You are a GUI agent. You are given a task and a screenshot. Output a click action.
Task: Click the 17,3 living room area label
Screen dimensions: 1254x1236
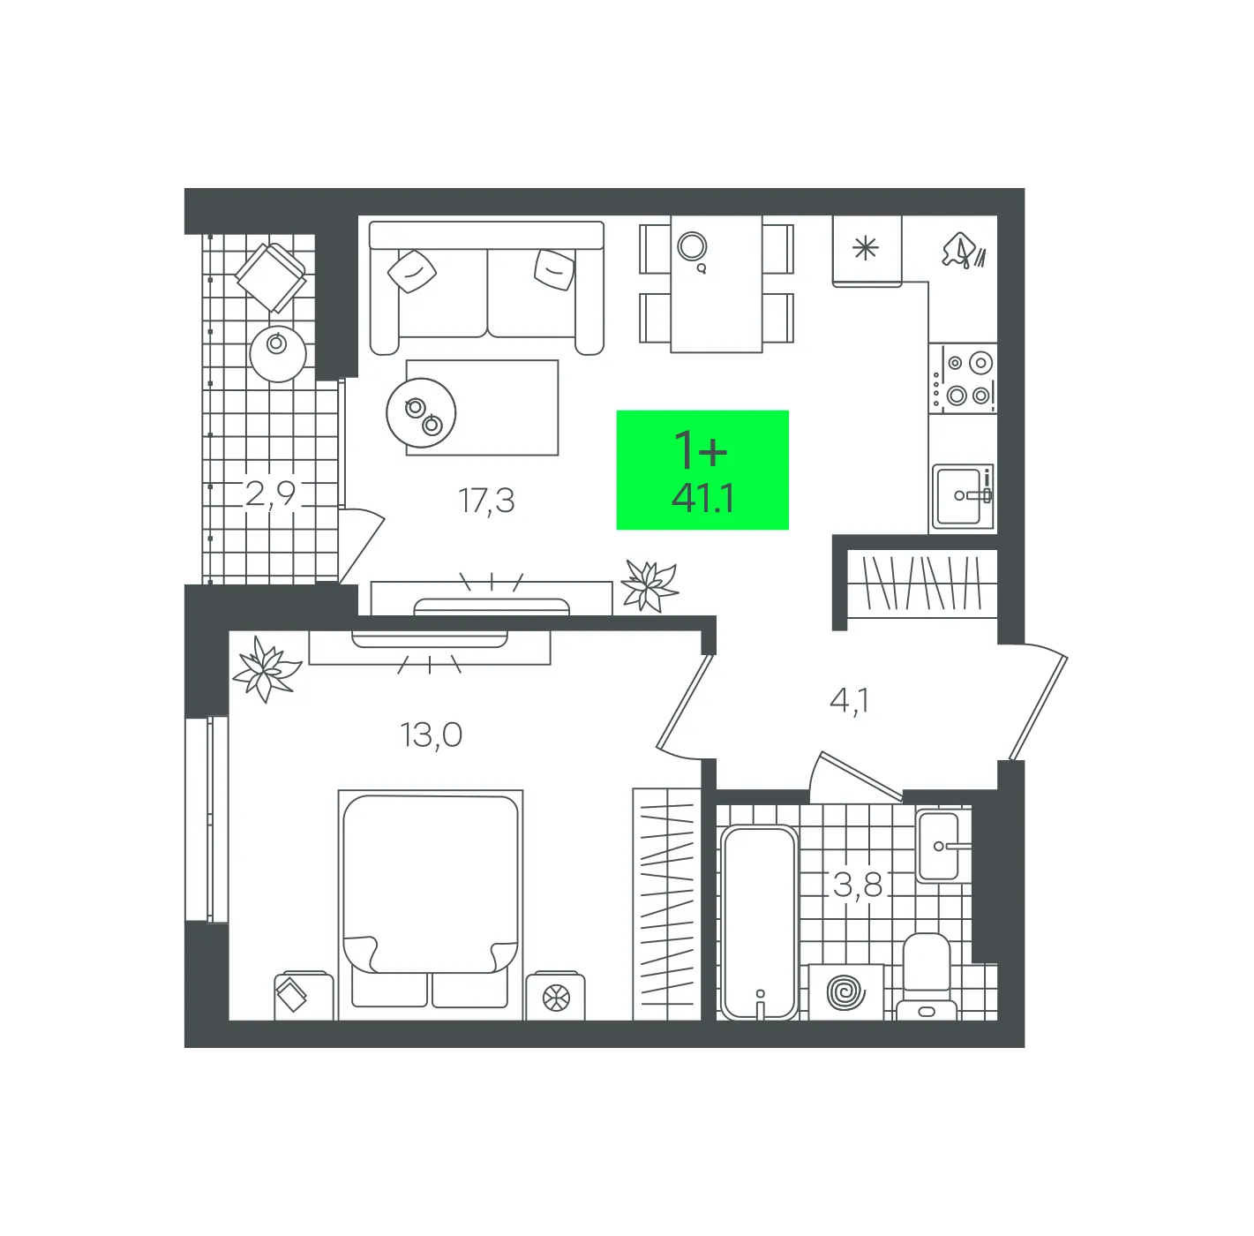point(486,501)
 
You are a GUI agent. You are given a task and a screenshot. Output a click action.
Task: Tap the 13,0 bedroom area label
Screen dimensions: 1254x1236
point(431,735)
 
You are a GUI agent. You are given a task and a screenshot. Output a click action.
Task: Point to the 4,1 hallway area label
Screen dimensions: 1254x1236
point(849,701)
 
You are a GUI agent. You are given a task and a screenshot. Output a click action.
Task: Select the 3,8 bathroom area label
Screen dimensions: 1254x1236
point(857,885)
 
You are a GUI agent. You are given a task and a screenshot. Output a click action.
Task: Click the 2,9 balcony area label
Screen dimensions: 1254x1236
point(270,494)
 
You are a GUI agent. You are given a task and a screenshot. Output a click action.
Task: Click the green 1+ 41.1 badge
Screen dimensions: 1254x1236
point(702,470)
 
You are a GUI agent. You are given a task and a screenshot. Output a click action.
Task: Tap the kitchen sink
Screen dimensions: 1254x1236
point(963,496)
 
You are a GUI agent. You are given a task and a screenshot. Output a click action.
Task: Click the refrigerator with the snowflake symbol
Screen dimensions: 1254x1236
point(867,251)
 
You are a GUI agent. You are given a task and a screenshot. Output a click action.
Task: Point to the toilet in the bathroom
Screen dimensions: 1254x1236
point(927,977)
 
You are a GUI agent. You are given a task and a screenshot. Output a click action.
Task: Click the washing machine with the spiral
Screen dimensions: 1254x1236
point(846,992)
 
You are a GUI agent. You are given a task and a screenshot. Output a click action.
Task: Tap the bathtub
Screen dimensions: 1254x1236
point(760,922)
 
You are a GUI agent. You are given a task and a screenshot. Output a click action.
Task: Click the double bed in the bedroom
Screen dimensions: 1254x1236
point(430,905)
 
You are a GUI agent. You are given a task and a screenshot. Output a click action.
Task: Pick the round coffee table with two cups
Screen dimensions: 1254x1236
point(421,413)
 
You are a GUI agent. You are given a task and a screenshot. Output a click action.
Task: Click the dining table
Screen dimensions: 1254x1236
point(716,284)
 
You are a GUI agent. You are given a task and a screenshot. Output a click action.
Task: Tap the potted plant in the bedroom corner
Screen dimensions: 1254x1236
point(267,669)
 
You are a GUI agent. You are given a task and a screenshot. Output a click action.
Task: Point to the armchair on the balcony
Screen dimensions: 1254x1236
point(271,278)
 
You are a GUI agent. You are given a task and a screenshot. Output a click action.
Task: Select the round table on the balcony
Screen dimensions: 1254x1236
point(278,354)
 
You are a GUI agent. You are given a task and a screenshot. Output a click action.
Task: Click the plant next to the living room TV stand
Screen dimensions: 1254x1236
point(649,584)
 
